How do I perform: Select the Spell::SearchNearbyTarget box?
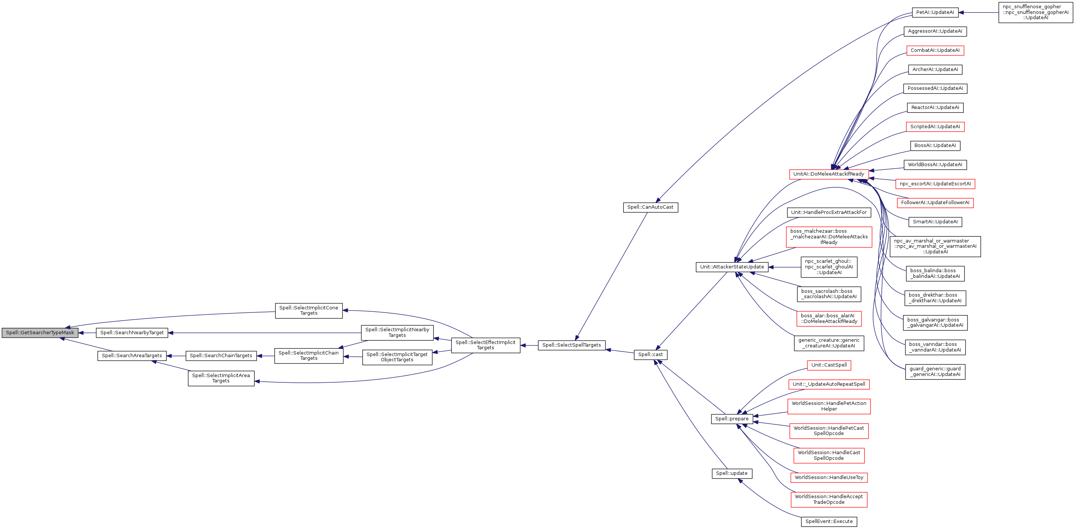coord(132,333)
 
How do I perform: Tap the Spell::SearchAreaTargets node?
coord(132,356)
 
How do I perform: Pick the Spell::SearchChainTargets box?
coord(221,356)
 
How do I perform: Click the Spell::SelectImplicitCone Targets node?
coord(309,311)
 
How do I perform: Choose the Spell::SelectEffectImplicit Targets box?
coord(485,345)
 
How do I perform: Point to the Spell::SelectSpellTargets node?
coord(571,345)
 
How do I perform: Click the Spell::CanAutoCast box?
coord(650,207)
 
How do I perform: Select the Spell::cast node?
coord(651,355)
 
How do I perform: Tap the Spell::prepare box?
coord(732,419)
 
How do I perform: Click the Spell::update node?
coord(732,473)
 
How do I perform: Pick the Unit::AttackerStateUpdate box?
coord(732,267)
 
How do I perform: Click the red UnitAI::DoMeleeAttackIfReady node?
coord(829,174)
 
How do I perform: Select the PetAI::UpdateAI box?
coord(935,12)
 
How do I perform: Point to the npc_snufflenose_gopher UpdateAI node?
coord(1036,12)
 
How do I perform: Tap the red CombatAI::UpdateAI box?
coord(935,50)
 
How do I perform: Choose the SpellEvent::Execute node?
coord(829,521)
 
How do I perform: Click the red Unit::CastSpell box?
coord(829,365)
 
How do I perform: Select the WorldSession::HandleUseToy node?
coord(829,477)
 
